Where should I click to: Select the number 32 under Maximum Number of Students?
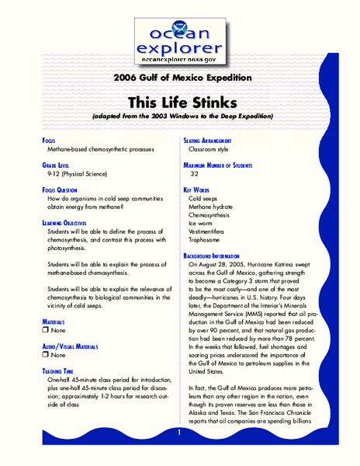tap(195, 174)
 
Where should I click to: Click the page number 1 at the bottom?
tap(179, 433)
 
